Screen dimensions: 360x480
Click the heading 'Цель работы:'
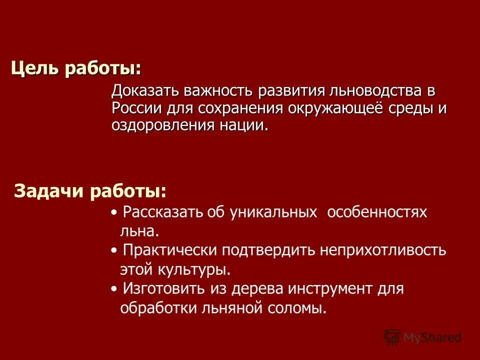(76, 68)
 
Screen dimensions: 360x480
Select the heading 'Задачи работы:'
(90, 191)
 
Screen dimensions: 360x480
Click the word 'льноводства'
(371, 92)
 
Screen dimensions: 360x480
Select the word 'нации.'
(243, 125)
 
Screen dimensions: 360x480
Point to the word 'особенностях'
(377, 212)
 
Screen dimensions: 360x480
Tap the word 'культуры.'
(194, 269)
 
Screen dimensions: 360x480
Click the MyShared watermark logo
(423, 338)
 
